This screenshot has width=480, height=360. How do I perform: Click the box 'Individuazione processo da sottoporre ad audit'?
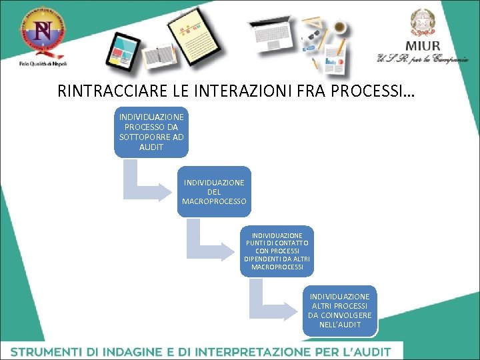coord(151,132)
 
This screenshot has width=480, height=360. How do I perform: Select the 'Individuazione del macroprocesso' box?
coord(214,191)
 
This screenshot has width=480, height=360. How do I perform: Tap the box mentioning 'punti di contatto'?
coord(277,251)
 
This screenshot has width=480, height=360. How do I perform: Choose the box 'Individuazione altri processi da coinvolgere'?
coord(340,310)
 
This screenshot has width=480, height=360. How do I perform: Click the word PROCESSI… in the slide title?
coord(377,91)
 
